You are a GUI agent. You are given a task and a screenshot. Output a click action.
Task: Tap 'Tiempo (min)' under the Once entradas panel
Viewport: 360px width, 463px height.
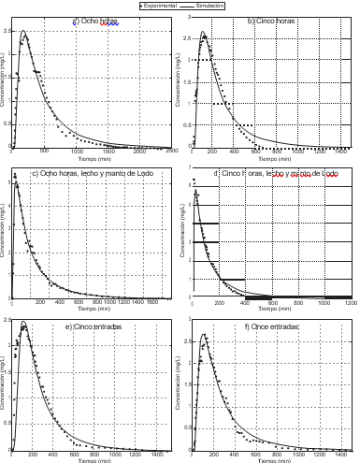271,460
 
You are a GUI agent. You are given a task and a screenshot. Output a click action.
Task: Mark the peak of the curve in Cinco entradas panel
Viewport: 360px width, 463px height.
23,325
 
